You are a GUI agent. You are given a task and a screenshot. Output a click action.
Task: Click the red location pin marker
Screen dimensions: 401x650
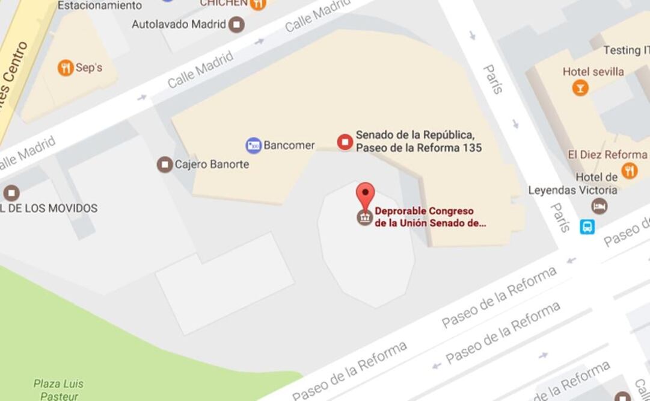pyautogui.click(x=365, y=195)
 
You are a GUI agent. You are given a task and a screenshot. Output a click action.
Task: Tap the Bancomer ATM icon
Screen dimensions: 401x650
pyautogui.click(x=254, y=145)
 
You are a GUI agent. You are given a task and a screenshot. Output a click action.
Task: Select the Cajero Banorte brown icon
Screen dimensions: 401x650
pyautogui.click(x=165, y=164)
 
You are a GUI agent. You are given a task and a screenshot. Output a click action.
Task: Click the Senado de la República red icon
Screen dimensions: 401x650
pyautogui.click(x=345, y=142)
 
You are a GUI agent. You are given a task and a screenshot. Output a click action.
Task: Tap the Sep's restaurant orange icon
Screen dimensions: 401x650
pyautogui.click(x=66, y=67)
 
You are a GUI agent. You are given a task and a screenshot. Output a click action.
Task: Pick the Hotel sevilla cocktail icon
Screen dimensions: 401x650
pyautogui.click(x=580, y=89)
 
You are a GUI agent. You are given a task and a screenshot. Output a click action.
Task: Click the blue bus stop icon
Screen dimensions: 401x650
pyautogui.click(x=587, y=226)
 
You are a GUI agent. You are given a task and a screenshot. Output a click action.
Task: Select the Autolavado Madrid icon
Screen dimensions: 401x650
pyautogui.click(x=238, y=25)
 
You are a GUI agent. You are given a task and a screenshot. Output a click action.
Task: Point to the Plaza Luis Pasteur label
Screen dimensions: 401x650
pyautogui.click(x=58, y=389)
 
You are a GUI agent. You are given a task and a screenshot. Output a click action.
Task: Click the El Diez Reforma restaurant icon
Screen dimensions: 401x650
pyautogui.click(x=629, y=170)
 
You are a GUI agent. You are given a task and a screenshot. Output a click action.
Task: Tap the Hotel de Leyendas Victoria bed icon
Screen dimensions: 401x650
pyautogui.click(x=599, y=207)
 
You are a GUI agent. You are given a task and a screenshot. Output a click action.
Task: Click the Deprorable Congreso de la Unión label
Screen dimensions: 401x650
pyautogui.click(x=430, y=217)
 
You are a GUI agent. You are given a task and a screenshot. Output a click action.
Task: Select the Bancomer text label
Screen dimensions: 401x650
pyautogui.click(x=289, y=145)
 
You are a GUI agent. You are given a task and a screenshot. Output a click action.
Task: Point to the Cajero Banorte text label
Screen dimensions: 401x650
pyautogui.click(x=212, y=164)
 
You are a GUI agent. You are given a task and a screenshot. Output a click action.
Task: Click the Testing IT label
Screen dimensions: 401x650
pyautogui.click(x=626, y=50)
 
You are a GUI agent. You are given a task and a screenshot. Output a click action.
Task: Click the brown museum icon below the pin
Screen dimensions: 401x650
pyautogui.click(x=365, y=217)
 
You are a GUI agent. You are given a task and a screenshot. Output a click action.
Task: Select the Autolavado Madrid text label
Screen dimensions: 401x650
pyautogui.click(x=179, y=25)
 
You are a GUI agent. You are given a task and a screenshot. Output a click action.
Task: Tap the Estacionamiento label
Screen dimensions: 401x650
pyautogui.click(x=100, y=5)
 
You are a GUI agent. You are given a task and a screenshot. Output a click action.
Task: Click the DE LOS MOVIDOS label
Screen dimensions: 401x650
pyautogui.click(x=49, y=208)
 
